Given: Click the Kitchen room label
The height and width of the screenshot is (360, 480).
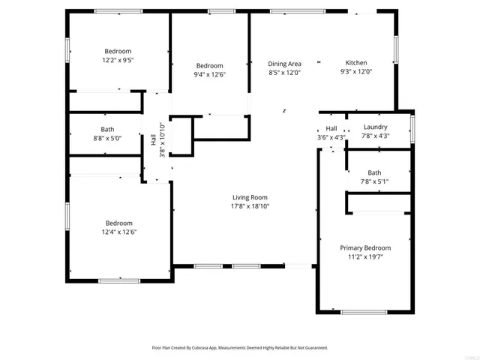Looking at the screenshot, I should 356,63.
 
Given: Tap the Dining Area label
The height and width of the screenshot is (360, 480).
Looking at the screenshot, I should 285,63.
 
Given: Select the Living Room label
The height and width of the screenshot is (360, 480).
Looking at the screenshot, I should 250,197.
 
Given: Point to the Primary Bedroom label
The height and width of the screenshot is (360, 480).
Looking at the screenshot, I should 365,247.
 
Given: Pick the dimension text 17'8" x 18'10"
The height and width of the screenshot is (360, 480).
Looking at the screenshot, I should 250,206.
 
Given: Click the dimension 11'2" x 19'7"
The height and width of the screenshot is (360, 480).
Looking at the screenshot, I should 365,256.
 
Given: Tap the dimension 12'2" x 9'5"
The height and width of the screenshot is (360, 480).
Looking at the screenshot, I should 118,60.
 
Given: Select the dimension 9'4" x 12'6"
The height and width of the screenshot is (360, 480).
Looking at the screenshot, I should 210,74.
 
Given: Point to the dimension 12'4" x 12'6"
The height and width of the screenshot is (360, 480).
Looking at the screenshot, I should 119,232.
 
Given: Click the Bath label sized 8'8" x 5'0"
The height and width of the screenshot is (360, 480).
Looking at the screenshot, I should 107,129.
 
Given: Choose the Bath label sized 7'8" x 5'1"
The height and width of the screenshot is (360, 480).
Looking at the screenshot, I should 374,172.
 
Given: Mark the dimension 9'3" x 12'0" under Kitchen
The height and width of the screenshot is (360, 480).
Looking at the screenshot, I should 356,72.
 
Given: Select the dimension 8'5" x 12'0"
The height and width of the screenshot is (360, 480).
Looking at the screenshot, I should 285,72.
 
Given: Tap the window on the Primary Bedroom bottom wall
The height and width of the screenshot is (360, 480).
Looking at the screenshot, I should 364,310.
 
